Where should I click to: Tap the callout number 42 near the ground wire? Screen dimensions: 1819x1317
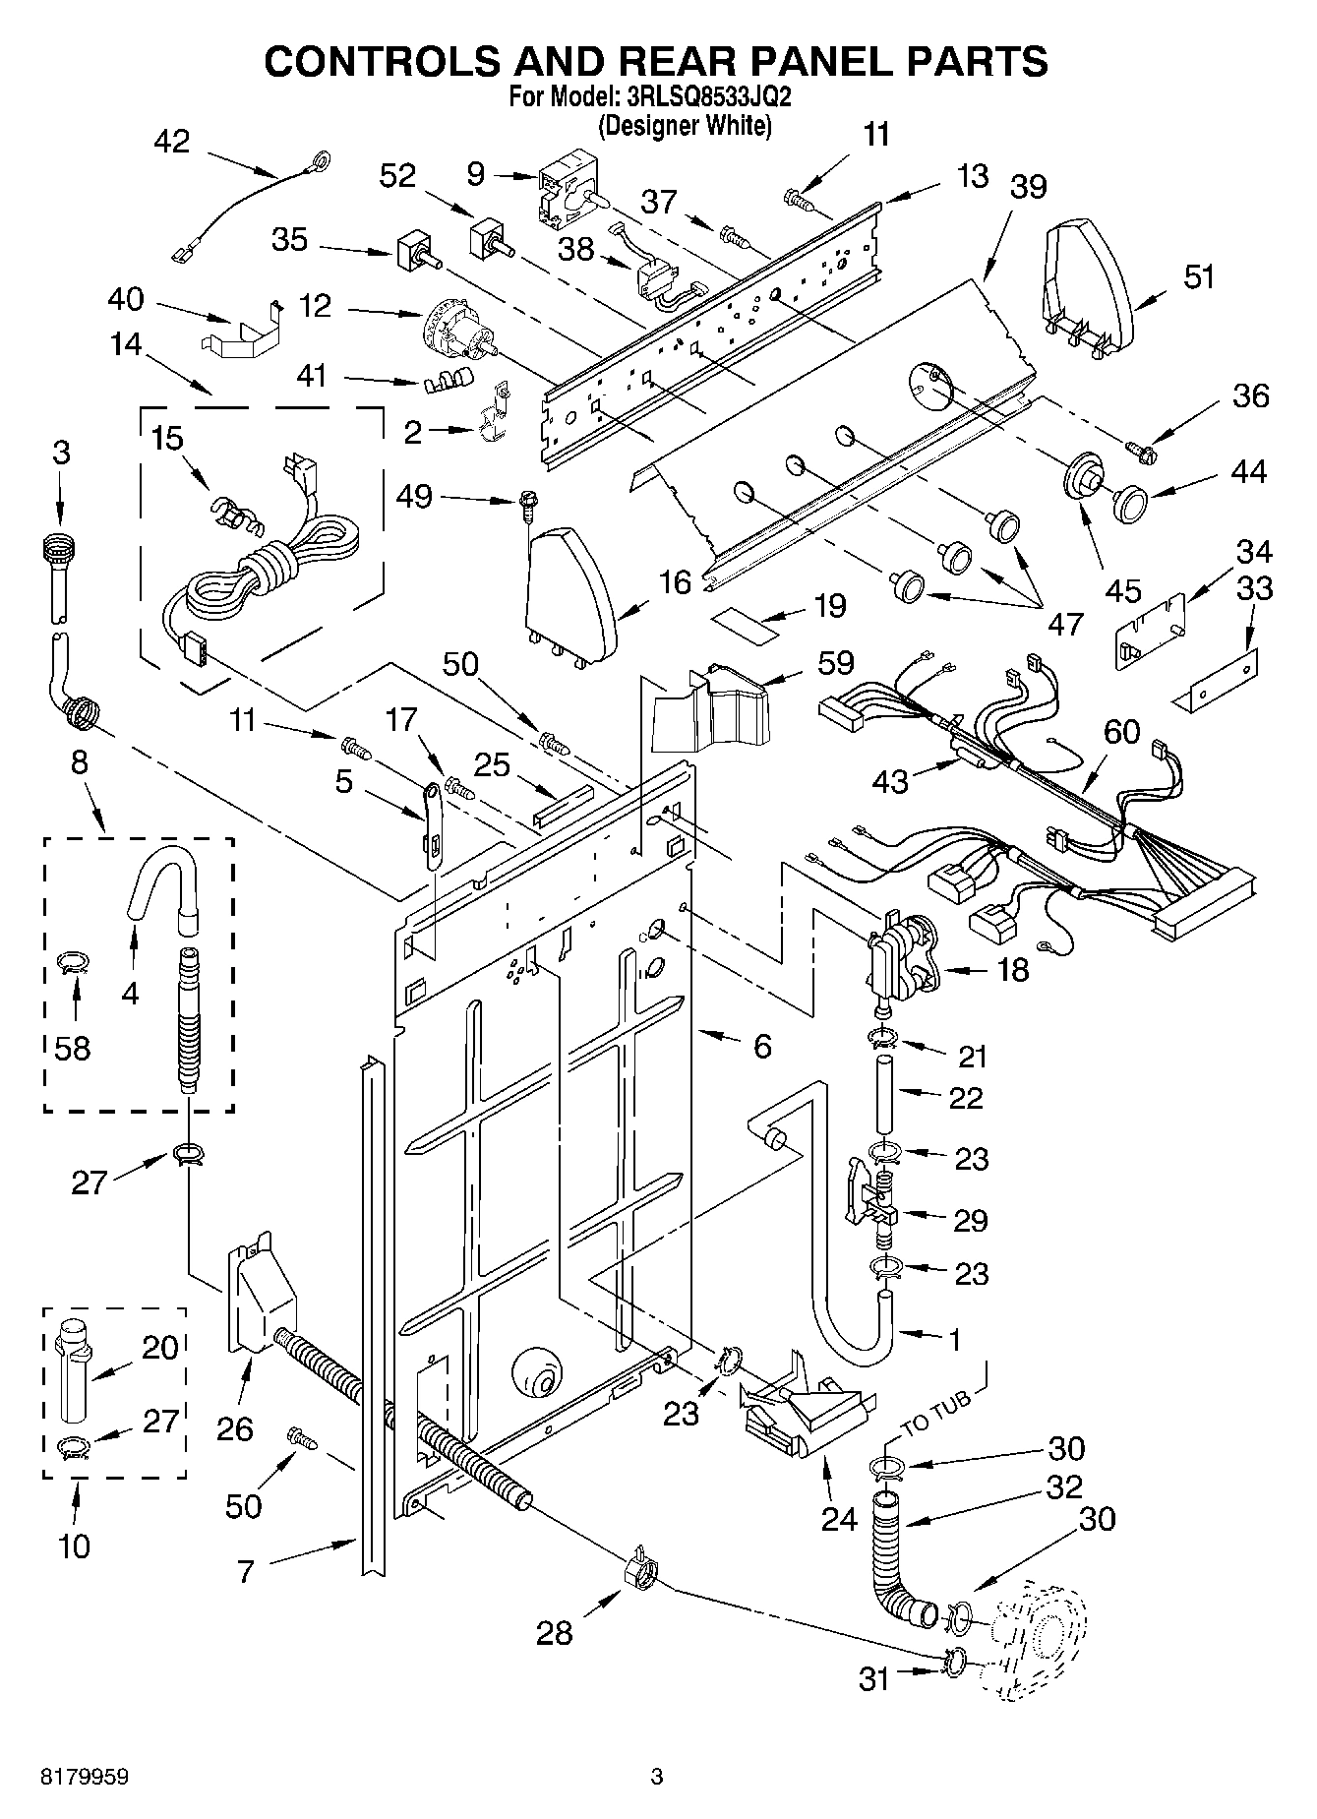coord(171,142)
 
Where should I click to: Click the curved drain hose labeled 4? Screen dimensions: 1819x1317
coord(163,879)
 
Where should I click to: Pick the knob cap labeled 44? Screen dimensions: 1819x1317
coord(1129,503)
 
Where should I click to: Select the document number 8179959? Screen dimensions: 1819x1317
coord(85,1777)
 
